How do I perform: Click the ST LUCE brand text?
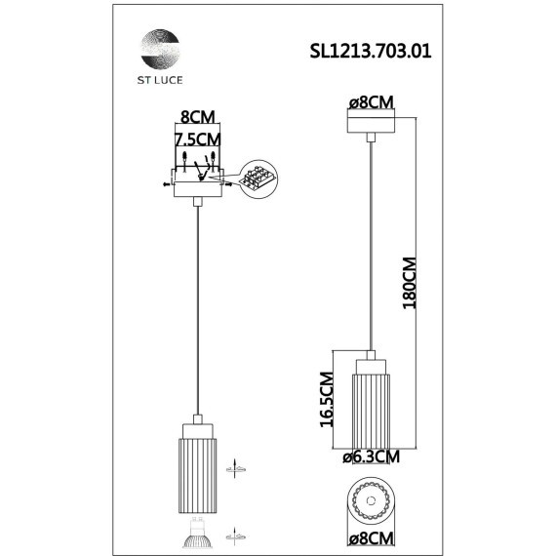click(158, 83)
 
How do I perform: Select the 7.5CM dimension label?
click(197, 140)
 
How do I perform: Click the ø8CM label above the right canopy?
click(371, 102)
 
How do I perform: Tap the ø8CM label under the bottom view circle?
click(371, 537)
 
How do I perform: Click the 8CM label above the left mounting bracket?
click(196, 113)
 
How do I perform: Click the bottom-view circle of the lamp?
click(371, 499)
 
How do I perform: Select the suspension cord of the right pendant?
click(372, 244)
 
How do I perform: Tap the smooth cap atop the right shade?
click(371, 366)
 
